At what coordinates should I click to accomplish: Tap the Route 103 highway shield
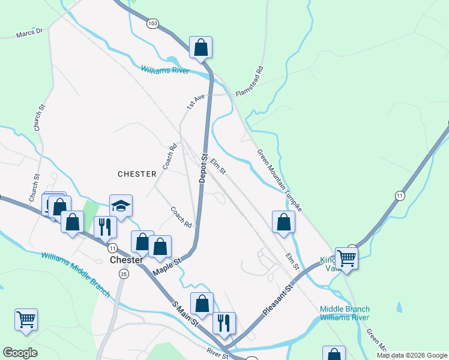152,23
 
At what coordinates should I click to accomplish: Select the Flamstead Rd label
250,82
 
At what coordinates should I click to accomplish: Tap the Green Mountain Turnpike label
279,179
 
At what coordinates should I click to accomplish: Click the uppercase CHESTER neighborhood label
137,174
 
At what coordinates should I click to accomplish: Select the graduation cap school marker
121,206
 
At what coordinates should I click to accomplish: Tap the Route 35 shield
124,274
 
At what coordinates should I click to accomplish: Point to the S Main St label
186,313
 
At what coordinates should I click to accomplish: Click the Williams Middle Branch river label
76,274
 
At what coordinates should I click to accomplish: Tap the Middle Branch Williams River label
345,313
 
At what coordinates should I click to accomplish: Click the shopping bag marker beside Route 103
200,47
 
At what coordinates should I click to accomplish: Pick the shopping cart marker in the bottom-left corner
26,319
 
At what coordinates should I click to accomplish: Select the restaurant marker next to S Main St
224,322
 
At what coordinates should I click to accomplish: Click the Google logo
20,353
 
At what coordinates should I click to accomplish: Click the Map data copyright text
411,355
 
